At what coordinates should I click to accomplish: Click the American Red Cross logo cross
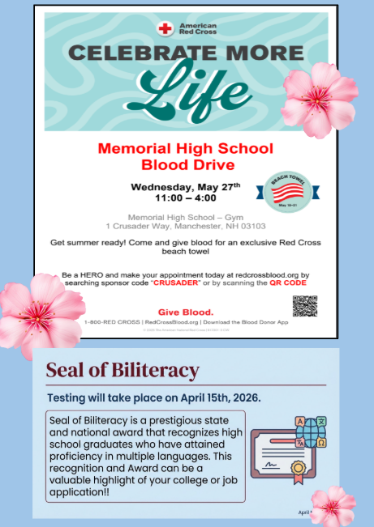tap(166, 28)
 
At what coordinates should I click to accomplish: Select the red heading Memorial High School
tap(185, 149)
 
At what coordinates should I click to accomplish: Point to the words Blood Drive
tap(185, 164)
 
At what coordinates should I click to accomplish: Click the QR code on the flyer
tap(304, 307)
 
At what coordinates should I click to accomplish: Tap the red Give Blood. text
tap(186, 312)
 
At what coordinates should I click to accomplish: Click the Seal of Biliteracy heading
tap(123, 372)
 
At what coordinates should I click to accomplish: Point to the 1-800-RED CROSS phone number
tap(109, 322)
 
